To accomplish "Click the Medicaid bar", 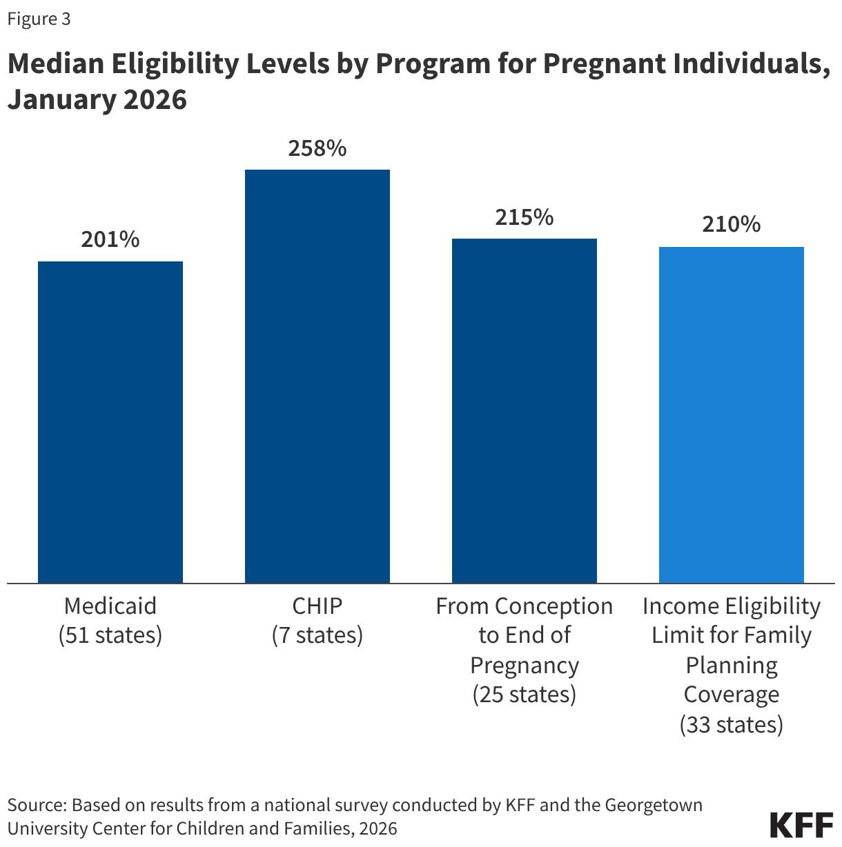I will coord(110,422).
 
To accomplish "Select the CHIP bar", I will coord(317,376).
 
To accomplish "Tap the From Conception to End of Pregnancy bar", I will coord(525,410).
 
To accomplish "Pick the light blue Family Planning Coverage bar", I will coord(732,415).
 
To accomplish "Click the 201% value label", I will coord(110,239).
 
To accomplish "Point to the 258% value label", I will coord(317,148).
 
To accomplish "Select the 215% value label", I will coord(525,217).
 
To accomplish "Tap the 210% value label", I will coord(732,225).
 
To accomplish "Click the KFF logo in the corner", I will coord(801,825).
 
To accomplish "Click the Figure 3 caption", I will coord(39,19).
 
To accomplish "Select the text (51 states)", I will coord(110,635).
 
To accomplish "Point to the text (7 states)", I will coord(317,635).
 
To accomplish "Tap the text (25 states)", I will coord(525,695).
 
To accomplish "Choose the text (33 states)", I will coord(732,725).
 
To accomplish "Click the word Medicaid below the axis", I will coord(110,606).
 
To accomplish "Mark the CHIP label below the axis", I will coord(317,606).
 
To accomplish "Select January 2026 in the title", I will coord(97,99).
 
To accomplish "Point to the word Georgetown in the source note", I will coord(654,805).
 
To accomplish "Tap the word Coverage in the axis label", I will coord(732,695).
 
